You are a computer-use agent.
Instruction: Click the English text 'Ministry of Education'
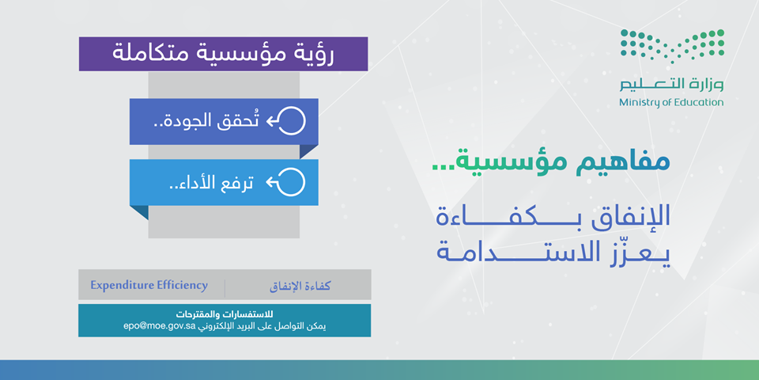[671, 102]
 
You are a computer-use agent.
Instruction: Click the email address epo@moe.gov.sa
[159, 326]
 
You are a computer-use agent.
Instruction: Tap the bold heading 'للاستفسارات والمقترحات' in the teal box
[225, 314]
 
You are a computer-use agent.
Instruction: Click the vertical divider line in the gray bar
[225, 285]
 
